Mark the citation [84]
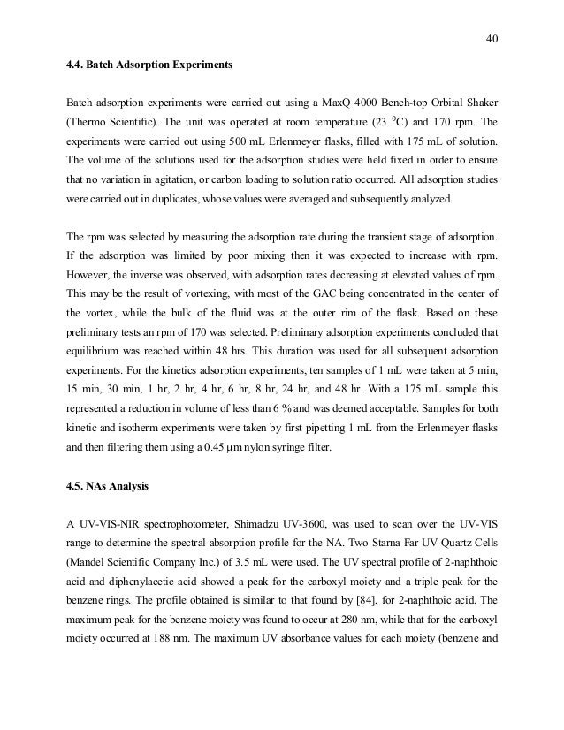click(345, 605)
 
